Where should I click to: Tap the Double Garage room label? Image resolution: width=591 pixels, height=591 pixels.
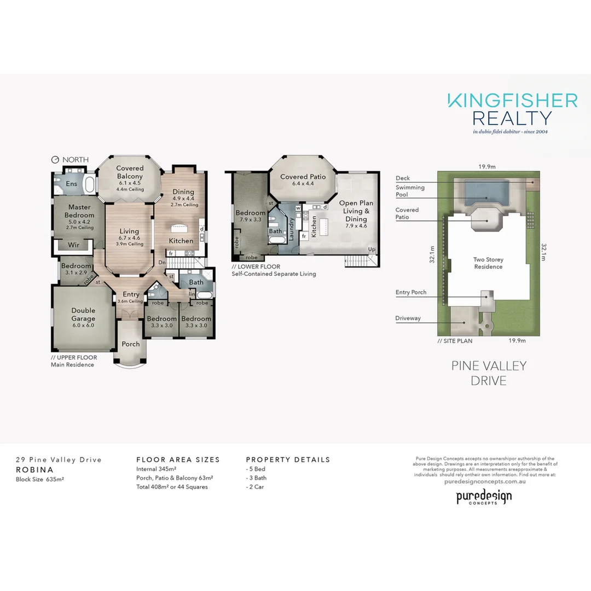point(83,315)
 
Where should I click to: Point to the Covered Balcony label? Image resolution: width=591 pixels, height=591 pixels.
point(130,172)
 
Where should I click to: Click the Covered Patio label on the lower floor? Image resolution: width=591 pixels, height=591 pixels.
point(303,177)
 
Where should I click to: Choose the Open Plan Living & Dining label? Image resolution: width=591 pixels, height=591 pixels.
point(356,211)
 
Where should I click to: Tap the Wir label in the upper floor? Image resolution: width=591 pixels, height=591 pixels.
point(74,245)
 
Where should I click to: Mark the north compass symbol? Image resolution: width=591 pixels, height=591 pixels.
point(55,160)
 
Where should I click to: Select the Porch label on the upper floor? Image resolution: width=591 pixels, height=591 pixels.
point(130,344)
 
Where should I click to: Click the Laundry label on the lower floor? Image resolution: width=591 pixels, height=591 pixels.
point(292,230)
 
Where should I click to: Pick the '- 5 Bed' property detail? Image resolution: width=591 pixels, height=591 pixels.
point(256,470)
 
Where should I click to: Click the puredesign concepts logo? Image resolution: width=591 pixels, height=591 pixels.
point(484,497)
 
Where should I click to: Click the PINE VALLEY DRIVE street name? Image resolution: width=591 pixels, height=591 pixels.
point(489,373)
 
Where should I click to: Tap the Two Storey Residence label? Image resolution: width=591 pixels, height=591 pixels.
point(488,263)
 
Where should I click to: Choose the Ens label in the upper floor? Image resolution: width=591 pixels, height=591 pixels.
point(72,184)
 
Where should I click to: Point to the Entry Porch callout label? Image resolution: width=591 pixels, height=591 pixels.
point(410,293)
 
